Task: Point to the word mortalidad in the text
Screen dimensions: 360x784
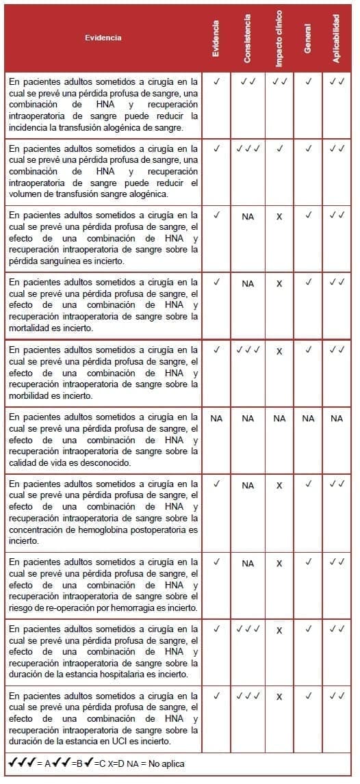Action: [30, 328]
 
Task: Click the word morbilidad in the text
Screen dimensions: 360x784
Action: [30, 395]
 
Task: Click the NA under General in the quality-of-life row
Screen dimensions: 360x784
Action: [308, 418]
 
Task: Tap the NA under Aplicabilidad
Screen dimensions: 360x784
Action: [336, 418]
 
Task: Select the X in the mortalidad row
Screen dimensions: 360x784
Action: [279, 283]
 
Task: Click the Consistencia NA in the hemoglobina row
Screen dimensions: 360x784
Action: [248, 485]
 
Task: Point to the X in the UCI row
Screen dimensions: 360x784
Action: [279, 696]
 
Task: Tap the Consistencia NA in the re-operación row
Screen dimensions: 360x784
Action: [248, 563]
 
